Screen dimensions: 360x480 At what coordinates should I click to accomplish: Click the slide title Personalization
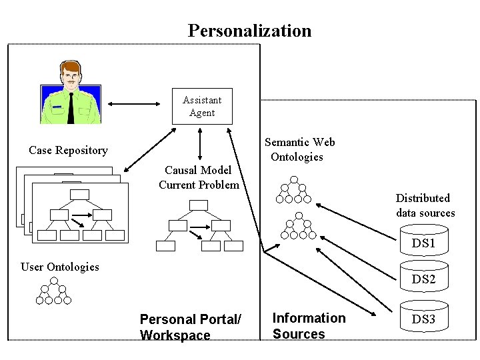[x=249, y=31]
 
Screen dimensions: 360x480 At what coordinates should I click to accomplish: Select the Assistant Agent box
[x=202, y=106]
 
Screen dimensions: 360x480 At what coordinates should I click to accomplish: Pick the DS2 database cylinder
[x=423, y=277]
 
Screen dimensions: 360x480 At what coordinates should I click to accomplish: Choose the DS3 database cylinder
[x=423, y=318]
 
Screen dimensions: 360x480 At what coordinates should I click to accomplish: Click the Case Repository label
[x=68, y=151]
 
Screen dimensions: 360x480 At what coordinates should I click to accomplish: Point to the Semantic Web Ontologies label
[x=299, y=149]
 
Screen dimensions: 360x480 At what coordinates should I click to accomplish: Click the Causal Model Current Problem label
[x=199, y=177]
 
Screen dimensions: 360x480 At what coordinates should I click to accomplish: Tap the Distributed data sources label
[x=425, y=205]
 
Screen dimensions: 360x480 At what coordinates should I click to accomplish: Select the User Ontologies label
[x=60, y=267]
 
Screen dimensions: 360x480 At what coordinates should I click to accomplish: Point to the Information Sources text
[x=309, y=326]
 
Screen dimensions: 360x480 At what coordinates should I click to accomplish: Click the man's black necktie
[x=71, y=107]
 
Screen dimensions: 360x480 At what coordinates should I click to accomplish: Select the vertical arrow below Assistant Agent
[x=199, y=144]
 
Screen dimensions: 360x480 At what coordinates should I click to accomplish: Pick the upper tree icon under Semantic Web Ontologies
[x=293, y=190]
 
